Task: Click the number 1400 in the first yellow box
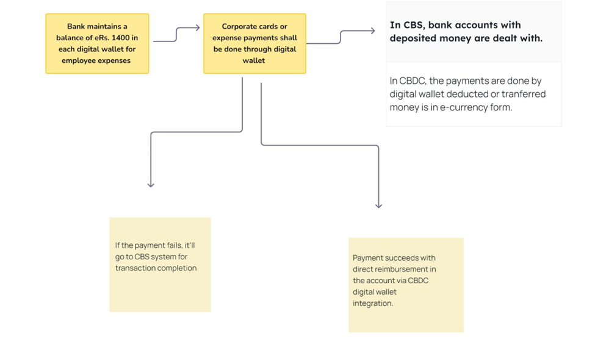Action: (x=120, y=38)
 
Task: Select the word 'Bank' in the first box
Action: (x=76, y=27)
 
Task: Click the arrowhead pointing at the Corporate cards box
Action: (x=197, y=27)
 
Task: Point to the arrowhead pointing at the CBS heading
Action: (x=372, y=31)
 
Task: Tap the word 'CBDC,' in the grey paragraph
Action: (x=413, y=81)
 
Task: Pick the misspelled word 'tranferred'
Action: (x=523, y=94)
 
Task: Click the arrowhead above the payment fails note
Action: (x=151, y=184)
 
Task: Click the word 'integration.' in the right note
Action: (x=373, y=303)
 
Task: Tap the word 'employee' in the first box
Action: (x=77, y=61)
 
